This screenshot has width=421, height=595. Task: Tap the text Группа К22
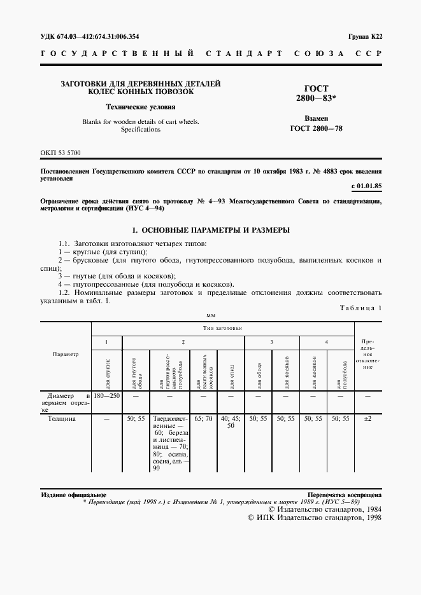(x=365, y=36)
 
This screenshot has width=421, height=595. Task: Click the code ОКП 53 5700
(x=61, y=153)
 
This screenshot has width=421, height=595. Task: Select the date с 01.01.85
(x=366, y=186)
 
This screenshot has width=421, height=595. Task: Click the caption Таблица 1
(x=361, y=308)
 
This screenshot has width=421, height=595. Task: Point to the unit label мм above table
(x=211, y=315)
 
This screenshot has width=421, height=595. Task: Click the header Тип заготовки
(x=223, y=329)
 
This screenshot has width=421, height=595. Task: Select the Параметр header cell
(x=66, y=354)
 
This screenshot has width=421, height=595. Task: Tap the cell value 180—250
(x=107, y=396)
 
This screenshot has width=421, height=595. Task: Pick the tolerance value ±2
(x=367, y=419)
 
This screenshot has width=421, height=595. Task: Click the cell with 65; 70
(x=203, y=419)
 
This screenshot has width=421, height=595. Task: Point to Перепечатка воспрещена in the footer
(x=345, y=494)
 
